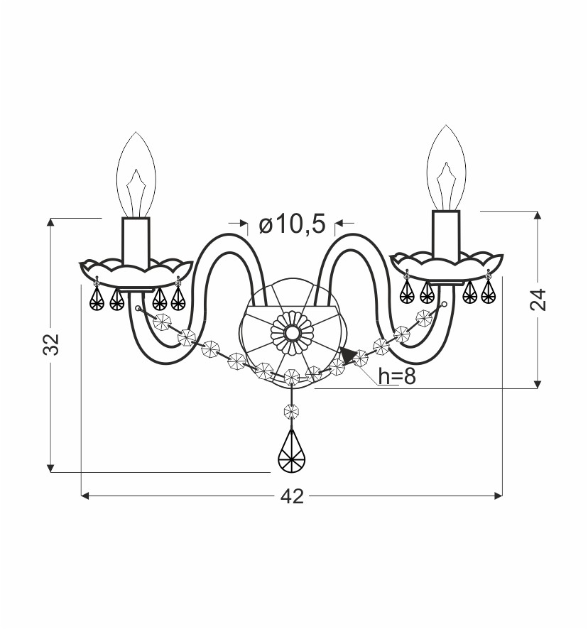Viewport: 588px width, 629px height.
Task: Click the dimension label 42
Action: click(292, 497)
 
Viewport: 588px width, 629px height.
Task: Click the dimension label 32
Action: click(51, 344)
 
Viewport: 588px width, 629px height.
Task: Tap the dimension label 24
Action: click(538, 300)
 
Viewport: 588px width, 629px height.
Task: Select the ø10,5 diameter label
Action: click(292, 224)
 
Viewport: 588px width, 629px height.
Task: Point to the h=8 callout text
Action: click(396, 376)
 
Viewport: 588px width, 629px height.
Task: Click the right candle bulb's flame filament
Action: click(446, 186)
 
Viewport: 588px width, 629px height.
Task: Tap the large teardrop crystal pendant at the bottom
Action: click(292, 451)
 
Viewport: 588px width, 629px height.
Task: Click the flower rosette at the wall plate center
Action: click(292, 332)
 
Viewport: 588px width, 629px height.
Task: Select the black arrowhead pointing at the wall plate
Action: click(347, 356)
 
